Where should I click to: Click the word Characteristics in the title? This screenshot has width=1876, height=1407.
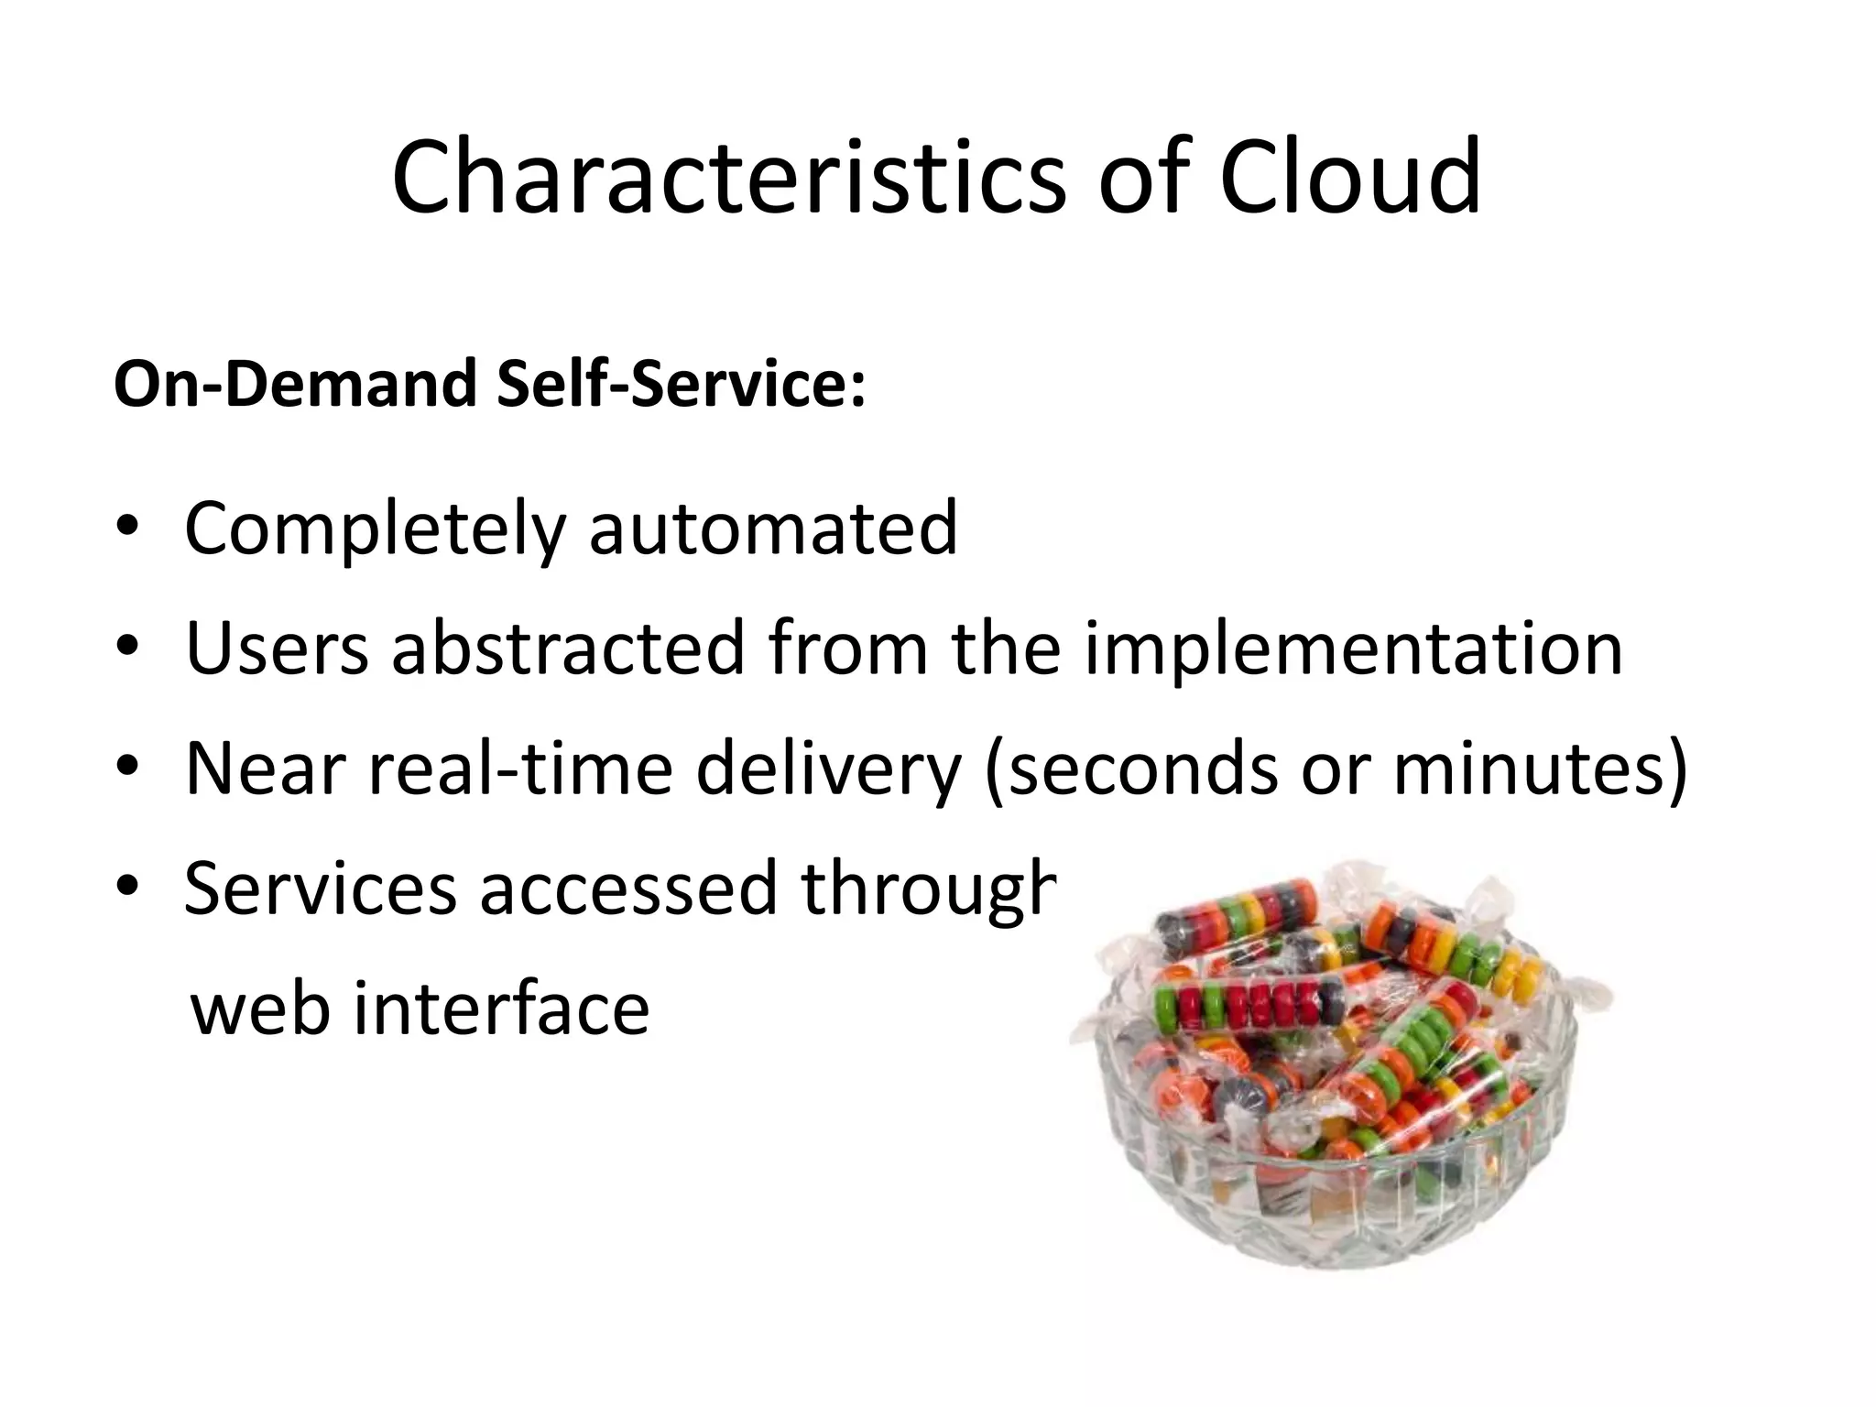(x=728, y=177)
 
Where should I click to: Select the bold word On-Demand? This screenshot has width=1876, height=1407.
(x=295, y=384)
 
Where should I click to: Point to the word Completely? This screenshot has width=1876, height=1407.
(x=376, y=529)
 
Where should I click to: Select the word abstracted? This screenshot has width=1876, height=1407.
(x=568, y=649)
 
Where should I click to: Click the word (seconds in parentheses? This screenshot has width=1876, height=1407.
(x=1130, y=769)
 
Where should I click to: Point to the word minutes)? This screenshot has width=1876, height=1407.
(x=1539, y=769)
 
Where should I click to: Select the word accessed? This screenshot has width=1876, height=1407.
(x=628, y=889)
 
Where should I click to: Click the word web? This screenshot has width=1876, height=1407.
(x=259, y=1009)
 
